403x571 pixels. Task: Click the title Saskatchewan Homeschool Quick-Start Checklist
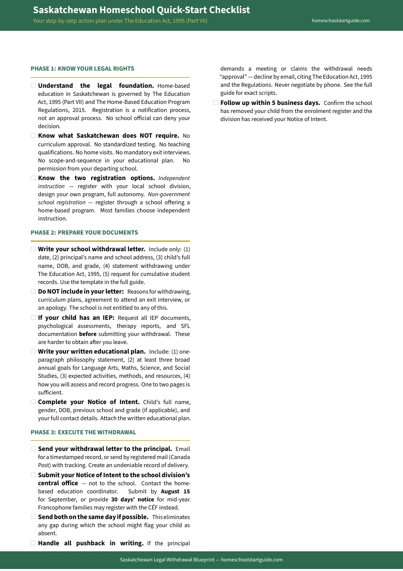(x=141, y=10)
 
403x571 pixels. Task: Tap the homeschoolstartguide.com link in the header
(x=341, y=21)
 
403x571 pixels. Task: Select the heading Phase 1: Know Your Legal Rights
(x=82, y=69)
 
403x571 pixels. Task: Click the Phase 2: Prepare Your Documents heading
(x=84, y=233)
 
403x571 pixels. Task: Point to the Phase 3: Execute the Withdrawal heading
(x=83, y=432)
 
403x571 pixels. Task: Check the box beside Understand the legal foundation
(x=33, y=86)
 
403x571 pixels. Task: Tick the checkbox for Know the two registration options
(x=33, y=178)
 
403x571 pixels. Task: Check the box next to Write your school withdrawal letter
(x=33, y=249)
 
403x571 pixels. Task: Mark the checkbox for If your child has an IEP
(x=33, y=318)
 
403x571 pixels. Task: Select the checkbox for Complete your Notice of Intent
(x=33, y=402)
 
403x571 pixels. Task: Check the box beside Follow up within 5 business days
(x=216, y=103)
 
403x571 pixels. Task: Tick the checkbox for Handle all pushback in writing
(x=33, y=543)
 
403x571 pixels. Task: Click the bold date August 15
(x=175, y=491)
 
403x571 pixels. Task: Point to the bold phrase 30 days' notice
(x=132, y=499)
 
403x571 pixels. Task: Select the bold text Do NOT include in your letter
(x=81, y=292)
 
